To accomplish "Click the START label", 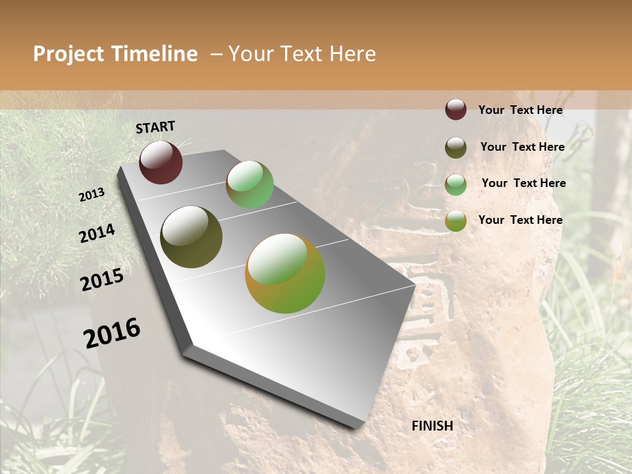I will [x=155, y=127].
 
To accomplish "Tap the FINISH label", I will [x=432, y=426].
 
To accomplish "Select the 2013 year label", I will [x=92, y=195].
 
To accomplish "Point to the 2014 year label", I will [x=97, y=234].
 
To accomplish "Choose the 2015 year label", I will [x=102, y=280].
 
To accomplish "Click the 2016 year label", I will [x=112, y=332].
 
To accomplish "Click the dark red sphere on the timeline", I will [x=161, y=162].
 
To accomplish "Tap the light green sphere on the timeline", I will [x=250, y=184].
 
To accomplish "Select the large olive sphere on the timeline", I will [x=191, y=237].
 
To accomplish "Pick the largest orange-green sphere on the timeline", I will [x=285, y=273].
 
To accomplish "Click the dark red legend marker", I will [x=456, y=109].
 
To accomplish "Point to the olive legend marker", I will [x=456, y=147].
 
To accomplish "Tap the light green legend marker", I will [x=456, y=184].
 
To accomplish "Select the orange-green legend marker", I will [x=456, y=221].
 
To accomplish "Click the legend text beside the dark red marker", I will [x=520, y=110].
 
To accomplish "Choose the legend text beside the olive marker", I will [x=522, y=147].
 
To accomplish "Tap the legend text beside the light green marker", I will [x=523, y=183].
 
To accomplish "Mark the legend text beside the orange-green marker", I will [x=520, y=220].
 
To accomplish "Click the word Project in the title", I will [x=68, y=54].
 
